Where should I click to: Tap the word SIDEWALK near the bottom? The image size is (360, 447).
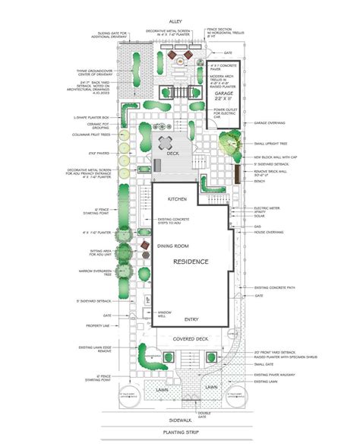pyautogui.click(x=180, y=419)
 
